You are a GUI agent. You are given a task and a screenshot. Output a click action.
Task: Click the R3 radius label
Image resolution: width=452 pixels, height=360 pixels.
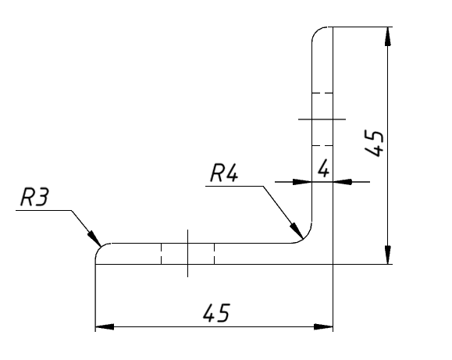click(x=35, y=198)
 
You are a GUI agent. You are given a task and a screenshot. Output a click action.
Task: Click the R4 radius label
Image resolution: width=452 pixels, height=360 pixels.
click(x=224, y=173)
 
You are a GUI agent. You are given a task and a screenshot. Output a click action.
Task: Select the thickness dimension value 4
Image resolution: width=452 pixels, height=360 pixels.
click(x=323, y=169)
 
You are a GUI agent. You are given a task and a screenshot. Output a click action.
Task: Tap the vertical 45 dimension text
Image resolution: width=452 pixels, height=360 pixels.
click(x=374, y=144)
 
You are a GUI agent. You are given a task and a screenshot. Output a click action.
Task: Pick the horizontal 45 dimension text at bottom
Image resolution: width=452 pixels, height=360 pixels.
click(x=216, y=312)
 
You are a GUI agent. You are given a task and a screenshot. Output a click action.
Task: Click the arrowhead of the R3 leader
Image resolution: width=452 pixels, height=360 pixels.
click(x=94, y=238)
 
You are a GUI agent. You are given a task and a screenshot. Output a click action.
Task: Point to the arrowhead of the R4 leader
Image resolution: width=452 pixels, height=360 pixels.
click(x=297, y=230)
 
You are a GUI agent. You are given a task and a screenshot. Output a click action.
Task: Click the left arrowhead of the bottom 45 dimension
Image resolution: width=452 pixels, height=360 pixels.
click(x=105, y=327)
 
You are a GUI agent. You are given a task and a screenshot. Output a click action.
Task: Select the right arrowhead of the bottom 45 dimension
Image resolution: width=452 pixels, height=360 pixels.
click(x=323, y=327)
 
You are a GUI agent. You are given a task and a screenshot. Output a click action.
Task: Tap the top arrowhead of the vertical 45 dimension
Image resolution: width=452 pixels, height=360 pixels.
click(x=388, y=37)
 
